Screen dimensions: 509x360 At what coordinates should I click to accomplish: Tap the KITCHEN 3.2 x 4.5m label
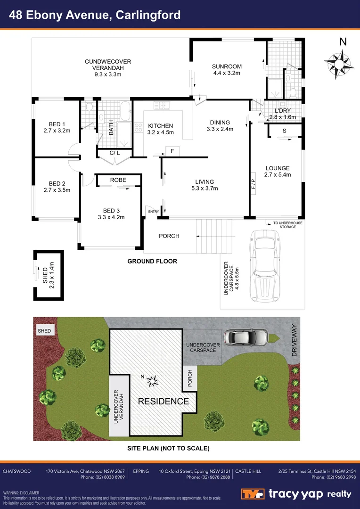[x=161, y=129]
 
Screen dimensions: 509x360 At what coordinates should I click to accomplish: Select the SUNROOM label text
[x=227, y=70]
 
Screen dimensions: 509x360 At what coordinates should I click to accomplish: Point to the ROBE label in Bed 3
[x=118, y=180]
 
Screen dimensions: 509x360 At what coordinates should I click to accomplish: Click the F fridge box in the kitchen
[x=172, y=151]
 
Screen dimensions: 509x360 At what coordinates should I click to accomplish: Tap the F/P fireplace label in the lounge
[x=253, y=184]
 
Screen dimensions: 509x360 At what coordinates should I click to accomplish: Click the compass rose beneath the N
[x=338, y=63]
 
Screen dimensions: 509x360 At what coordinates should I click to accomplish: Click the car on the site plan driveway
[x=241, y=337]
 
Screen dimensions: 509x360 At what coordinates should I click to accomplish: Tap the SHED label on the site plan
[x=44, y=331]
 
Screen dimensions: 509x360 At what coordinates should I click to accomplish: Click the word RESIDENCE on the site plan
[x=163, y=402]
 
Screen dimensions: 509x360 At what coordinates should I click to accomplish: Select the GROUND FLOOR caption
[x=152, y=261]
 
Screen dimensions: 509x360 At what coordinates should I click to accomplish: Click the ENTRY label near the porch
[x=153, y=212]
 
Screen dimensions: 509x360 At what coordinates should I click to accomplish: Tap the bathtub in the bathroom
[x=125, y=111]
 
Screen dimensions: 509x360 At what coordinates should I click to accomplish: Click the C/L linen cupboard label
[x=115, y=153]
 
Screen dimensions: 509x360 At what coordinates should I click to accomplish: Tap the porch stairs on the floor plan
[x=215, y=236]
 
